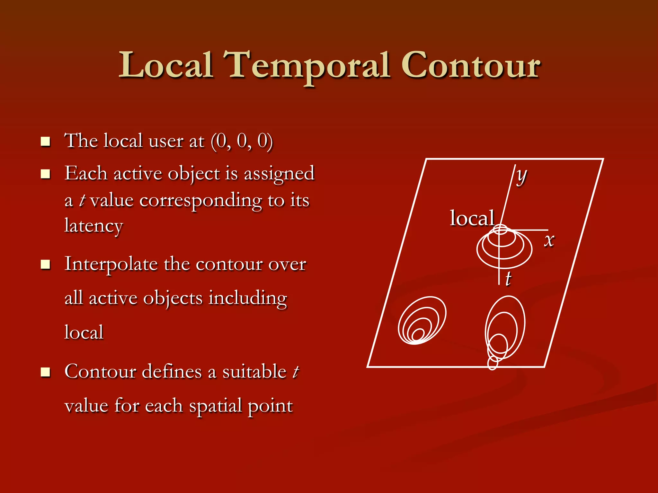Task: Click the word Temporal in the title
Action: (x=307, y=66)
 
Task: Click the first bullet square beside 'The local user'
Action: (x=46, y=142)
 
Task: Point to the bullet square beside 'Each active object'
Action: (x=46, y=174)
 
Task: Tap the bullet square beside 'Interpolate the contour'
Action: (x=46, y=264)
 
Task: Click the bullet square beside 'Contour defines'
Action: (x=46, y=372)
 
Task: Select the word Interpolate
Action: (x=111, y=264)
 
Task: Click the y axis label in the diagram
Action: (x=521, y=176)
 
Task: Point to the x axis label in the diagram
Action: (x=549, y=240)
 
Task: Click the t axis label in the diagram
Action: (x=508, y=278)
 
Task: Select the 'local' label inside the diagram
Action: (x=472, y=218)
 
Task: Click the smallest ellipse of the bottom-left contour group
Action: (x=418, y=334)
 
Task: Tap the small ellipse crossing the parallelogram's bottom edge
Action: (x=493, y=363)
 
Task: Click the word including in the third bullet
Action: (x=247, y=298)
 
